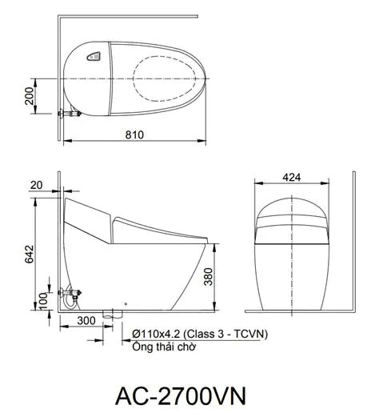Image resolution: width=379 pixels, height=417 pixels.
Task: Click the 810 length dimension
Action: point(134,135)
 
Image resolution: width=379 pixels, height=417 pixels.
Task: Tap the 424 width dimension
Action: point(292,178)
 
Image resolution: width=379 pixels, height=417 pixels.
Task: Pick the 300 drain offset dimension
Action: point(87,320)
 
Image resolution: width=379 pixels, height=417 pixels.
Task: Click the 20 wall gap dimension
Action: point(36,184)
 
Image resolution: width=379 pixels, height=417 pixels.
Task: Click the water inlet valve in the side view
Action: point(70,295)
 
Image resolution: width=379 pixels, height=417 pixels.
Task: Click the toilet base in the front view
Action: point(292,276)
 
